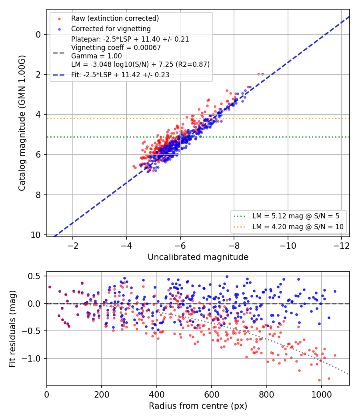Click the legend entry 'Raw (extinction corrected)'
coord(115,18)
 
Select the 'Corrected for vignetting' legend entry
coord(111,29)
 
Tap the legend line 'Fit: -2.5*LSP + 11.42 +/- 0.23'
coord(120,75)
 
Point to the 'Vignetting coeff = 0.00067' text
coord(116,48)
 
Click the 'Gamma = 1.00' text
coord(96,56)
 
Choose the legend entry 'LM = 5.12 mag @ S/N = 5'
coord(296,216)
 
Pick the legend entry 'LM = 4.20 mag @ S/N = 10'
coord(298,227)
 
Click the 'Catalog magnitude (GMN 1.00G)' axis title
coord(22,123)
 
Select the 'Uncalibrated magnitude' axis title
coord(198,257)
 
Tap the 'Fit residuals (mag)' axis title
coord(12,329)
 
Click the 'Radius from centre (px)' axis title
coord(198,406)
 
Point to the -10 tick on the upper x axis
coord(288,246)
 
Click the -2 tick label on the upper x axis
coord(72,246)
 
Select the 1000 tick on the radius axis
coord(322,394)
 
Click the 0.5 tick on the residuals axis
coord(34,276)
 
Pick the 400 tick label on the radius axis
coord(157,394)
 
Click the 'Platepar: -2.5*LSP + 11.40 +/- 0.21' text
coord(130,39)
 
